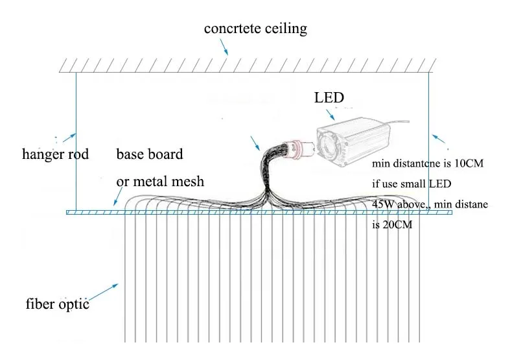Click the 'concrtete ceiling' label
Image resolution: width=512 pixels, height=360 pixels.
click(255, 29)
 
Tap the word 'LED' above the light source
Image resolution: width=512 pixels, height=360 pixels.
click(329, 98)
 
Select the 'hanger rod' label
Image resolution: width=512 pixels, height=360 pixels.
click(55, 154)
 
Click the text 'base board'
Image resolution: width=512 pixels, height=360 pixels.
click(150, 154)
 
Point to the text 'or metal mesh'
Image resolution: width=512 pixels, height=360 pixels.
click(160, 182)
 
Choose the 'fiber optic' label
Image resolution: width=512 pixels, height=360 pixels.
click(58, 304)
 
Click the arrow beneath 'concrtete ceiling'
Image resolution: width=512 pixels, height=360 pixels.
click(224, 47)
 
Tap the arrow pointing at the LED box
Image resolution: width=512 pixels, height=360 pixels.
click(331, 115)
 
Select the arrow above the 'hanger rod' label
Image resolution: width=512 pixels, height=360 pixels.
click(69, 138)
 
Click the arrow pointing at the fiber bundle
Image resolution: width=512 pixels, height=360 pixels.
click(255, 143)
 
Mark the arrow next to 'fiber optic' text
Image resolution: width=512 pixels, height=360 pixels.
click(103, 292)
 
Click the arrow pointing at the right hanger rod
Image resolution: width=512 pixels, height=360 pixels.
click(439, 139)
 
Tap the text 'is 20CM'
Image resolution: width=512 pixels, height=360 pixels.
click(392, 224)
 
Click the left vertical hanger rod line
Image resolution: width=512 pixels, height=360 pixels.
click(76, 142)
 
